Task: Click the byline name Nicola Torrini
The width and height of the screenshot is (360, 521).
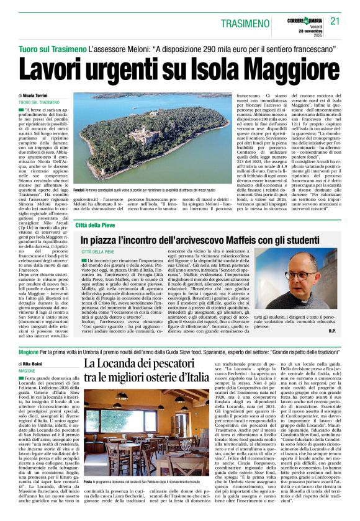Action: coord(38,95)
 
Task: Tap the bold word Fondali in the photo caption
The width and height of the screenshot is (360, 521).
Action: coord(79,189)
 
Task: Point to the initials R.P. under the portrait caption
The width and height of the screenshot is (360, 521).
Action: coord(333,331)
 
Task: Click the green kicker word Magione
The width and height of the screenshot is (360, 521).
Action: coord(29,350)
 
